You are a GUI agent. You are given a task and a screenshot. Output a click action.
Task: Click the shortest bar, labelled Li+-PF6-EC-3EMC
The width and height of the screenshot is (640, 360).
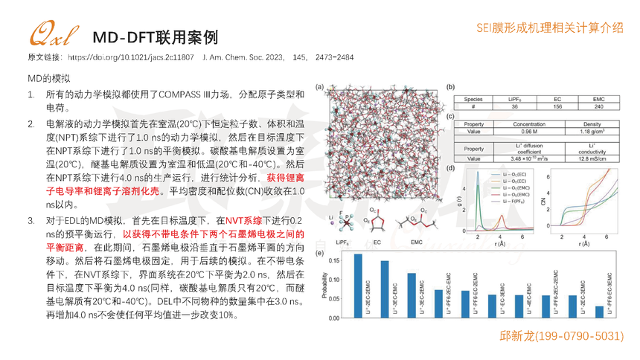point(600,312)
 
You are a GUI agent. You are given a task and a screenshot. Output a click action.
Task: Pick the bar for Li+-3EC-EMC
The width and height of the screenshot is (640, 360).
point(411,295)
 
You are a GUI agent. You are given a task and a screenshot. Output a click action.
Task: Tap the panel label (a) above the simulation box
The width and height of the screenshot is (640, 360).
point(319,88)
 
